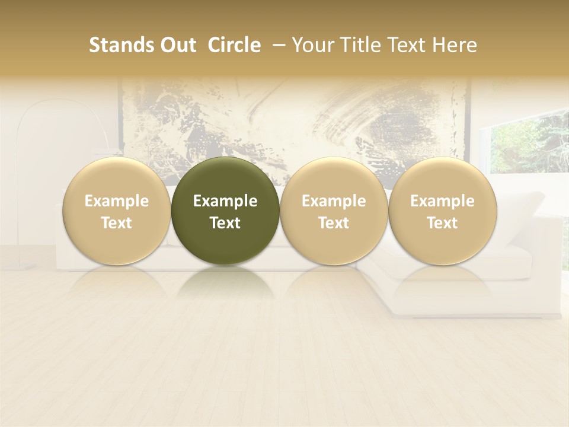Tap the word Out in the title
pyautogui.click(x=176, y=45)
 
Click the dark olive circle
pyautogui.click(x=225, y=211)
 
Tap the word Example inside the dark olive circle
pyautogui.click(x=225, y=201)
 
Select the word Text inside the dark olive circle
pyautogui.click(x=225, y=223)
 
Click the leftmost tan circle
pyautogui.click(x=117, y=211)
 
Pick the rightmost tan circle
pyautogui.click(x=442, y=211)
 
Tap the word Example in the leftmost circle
pyautogui.click(x=117, y=201)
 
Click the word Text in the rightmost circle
pyautogui.click(x=442, y=223)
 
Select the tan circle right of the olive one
pyautogui.click(x=334, y=211)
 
